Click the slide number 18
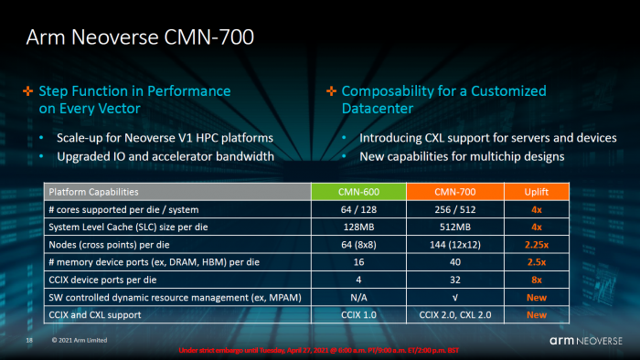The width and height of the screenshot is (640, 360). point(29,340)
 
